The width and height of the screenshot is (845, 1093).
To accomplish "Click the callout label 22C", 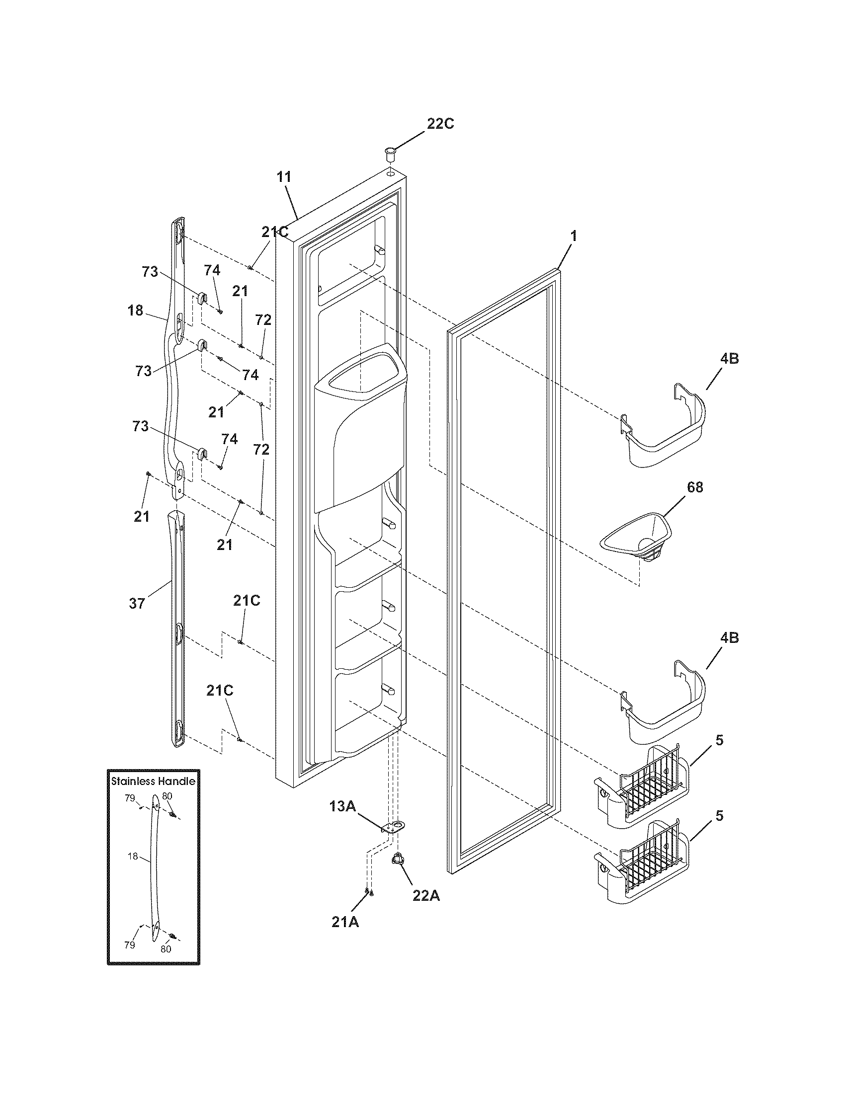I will (440, 124).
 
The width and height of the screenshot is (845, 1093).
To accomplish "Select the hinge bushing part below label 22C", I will (390, 152).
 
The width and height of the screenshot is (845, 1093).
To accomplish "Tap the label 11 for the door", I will (284, 177).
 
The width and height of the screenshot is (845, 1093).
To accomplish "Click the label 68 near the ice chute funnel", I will (694, 487).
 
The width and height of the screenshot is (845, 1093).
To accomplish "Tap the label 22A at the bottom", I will (426, 896).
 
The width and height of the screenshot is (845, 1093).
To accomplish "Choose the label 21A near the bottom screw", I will (345, 922).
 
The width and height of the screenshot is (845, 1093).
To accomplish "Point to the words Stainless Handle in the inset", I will (153, 781).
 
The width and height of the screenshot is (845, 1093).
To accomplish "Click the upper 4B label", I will (729, 358).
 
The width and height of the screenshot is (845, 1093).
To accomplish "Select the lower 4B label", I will (729, 637).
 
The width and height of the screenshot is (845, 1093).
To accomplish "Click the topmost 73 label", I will (150, 272).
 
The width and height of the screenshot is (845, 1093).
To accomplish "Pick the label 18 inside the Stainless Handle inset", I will (133, 857).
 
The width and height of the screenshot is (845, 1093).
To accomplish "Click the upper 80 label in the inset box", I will (167, 795).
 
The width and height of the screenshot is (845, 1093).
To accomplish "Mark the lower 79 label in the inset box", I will (130, 945).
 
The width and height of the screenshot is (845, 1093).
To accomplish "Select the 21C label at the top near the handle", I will (274, 232).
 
